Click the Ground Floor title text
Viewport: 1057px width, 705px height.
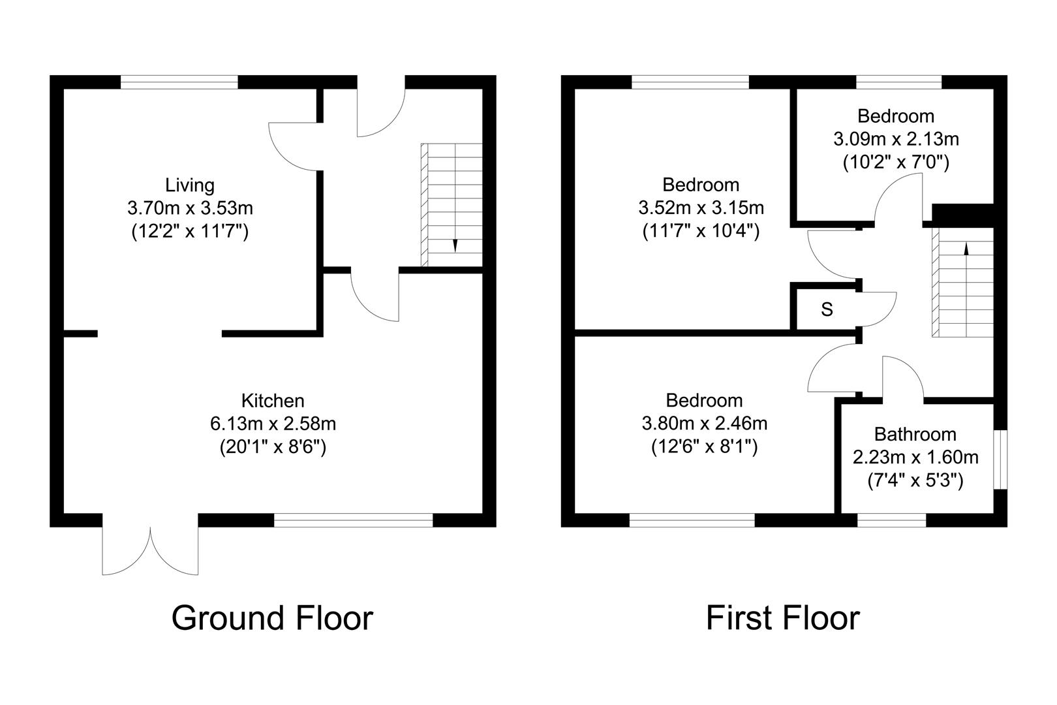point(272,618)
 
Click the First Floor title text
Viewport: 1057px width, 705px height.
point(782,618)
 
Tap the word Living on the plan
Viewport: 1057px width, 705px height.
point(190,185)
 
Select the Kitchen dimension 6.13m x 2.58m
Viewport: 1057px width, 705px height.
point(273,424)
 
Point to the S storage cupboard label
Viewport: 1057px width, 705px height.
point(827,309)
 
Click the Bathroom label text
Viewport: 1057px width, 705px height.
point(915,434)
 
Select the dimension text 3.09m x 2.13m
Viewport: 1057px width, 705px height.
point(896,139)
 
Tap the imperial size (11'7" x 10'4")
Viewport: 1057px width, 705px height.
point(701,231)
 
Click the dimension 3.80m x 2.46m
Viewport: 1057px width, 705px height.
point(704,424)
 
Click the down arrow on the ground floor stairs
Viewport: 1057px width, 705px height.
point(455,246)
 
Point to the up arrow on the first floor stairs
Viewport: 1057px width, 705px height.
point(966,248)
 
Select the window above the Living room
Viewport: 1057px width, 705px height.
point(179,82)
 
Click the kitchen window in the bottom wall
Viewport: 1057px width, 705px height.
point(353,520)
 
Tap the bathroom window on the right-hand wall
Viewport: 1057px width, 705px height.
point(1000,459)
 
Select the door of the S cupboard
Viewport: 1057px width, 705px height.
point(878,308)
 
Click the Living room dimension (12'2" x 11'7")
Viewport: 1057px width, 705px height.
point(190,231)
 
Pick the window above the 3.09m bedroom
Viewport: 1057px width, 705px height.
point(898,82)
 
